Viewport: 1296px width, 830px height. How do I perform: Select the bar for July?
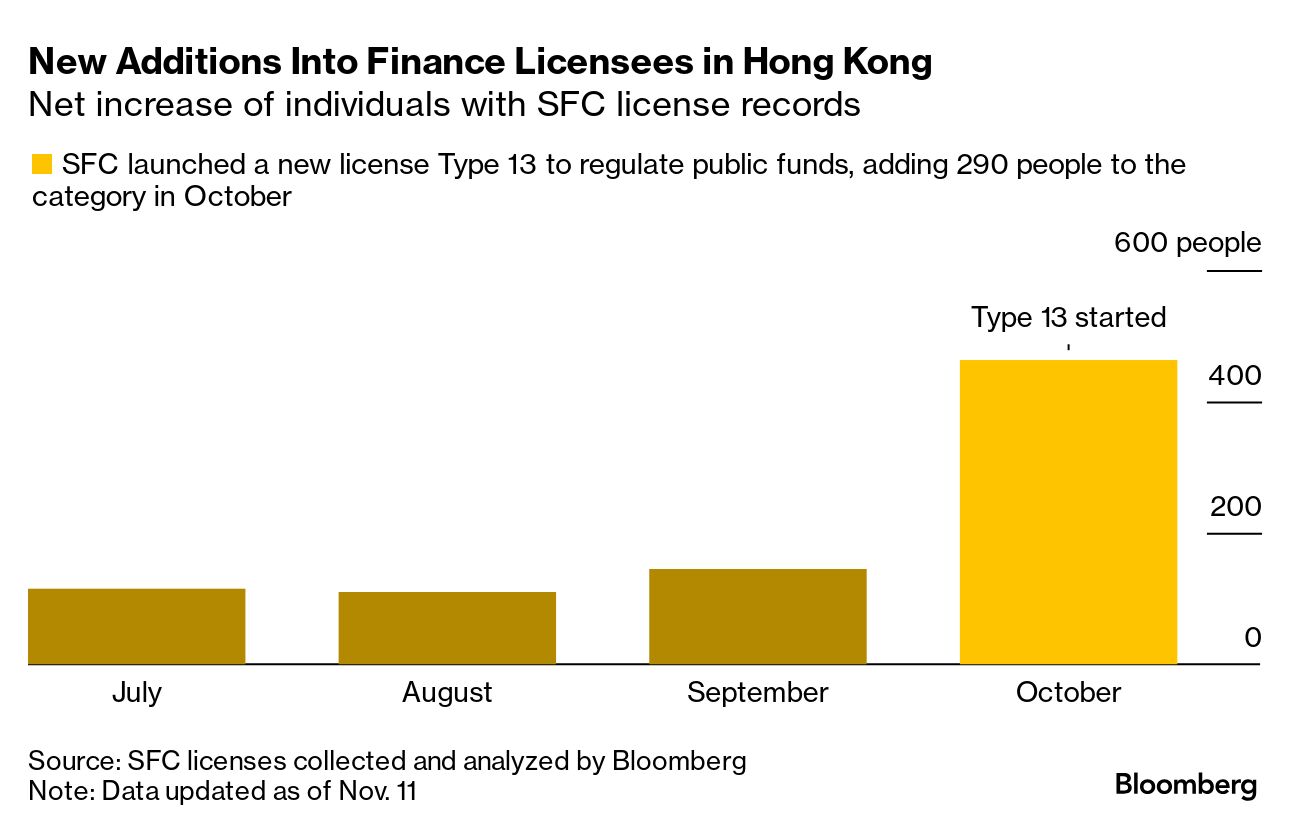[137, 626]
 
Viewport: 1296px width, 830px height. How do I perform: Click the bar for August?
[447, 628]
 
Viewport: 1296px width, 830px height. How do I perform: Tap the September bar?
[757, 616]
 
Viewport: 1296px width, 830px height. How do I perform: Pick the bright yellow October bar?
[1068, 512]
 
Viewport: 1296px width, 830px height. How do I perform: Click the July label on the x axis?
[137, 692]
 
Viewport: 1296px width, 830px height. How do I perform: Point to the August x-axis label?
[447, 692]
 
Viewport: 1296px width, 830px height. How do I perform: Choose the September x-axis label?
[757, 692]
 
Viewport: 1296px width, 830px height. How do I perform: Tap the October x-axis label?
[1068, 692]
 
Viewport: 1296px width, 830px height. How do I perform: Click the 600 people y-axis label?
[1187, 243]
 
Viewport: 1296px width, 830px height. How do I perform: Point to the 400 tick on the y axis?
[1235, 376]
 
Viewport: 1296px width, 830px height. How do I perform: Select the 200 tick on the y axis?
[1235, 507]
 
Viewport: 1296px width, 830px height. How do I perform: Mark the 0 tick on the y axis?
[1252, 638]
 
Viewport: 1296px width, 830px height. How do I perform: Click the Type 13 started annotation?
[1068, 318]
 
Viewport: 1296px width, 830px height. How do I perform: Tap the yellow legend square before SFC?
[42, 164]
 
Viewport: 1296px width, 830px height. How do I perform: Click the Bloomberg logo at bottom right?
[1186, 785]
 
